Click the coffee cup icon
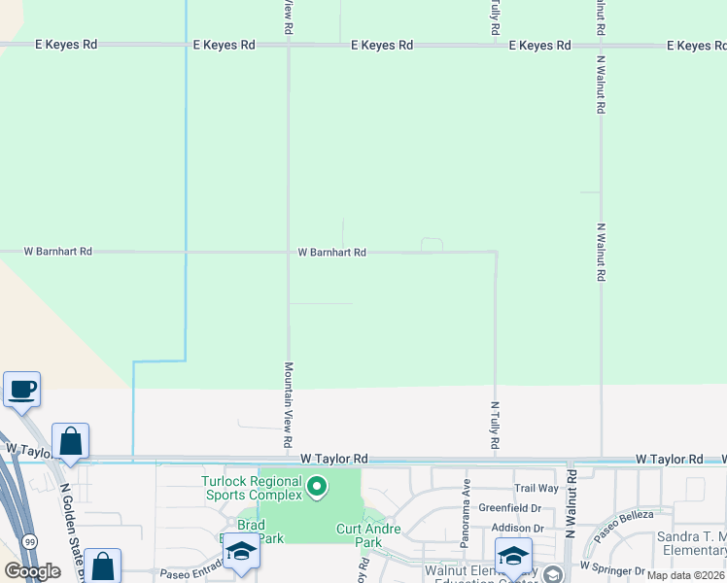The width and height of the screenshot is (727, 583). click(x=21, y=389)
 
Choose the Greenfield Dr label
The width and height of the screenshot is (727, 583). click(x=509, y=507)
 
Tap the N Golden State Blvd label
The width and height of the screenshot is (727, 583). click(x=75, y=521)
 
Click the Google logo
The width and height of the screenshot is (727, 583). click(x=32, y=571)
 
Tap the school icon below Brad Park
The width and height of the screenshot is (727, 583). click(x=240, y=551)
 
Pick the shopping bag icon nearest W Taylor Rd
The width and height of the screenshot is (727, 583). click(x=70, y=441)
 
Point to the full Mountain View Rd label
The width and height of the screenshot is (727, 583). click(x=289, y=405)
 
